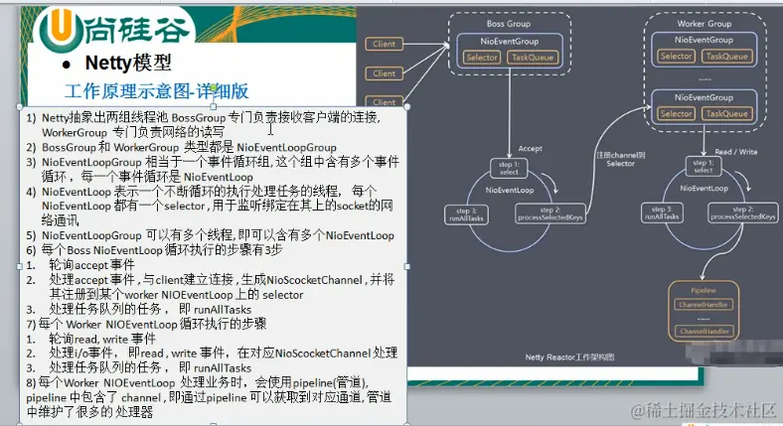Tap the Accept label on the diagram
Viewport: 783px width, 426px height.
[x=530, y=148]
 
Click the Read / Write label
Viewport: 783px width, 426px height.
[x=736, y=152]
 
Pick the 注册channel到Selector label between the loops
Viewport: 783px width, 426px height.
[x=620, y=159]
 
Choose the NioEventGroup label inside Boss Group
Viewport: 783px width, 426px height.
[x=509, y=40]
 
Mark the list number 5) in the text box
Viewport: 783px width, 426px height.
[x=32, y=236]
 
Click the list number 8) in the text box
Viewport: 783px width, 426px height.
[x=32, y=383]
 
